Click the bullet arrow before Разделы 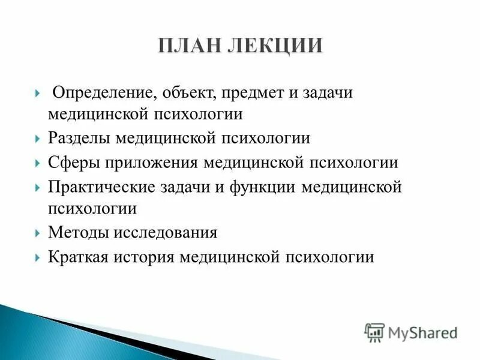click(x=38, y=139)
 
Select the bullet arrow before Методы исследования click(x=38, y=232)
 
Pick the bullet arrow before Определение click(x=38, y=94)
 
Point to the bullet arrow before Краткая click(x=38, y=257)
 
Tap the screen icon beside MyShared click(x=374, y=332)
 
